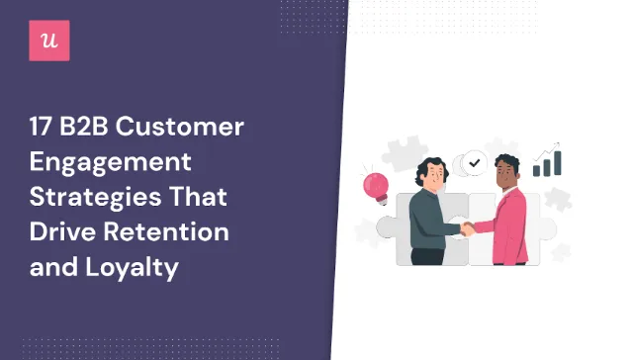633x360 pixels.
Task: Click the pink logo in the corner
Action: click(49, 41)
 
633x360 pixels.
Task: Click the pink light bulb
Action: click(377, 184)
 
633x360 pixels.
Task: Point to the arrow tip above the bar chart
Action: click(561, 145)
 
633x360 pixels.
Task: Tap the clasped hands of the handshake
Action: click(467, 226)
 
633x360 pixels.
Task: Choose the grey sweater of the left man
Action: click(425, 223)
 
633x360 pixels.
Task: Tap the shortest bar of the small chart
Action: click(537, 171)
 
